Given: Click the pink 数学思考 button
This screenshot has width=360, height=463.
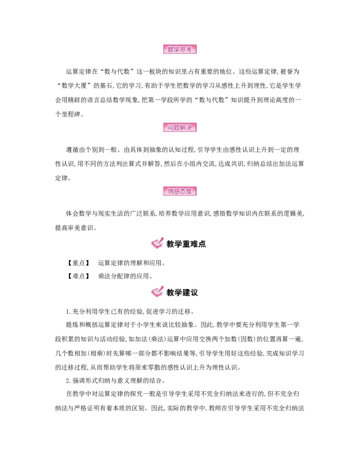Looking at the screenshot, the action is [180, 50].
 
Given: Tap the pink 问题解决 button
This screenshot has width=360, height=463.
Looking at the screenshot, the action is [180, 127].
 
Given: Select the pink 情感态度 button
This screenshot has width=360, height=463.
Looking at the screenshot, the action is [180, 191].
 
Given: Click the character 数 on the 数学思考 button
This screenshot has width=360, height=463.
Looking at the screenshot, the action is [171, 50].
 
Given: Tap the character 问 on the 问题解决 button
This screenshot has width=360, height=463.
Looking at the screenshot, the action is [171, 127].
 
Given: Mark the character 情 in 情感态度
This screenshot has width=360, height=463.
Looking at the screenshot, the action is [171, 191].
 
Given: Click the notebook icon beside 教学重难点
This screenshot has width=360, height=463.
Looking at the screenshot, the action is [157, 243].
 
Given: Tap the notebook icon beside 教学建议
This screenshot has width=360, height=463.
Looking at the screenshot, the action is [157, 292].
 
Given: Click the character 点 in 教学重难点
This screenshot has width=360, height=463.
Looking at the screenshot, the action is [202, 244].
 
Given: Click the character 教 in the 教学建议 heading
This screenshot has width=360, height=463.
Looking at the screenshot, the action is [171, 293].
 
